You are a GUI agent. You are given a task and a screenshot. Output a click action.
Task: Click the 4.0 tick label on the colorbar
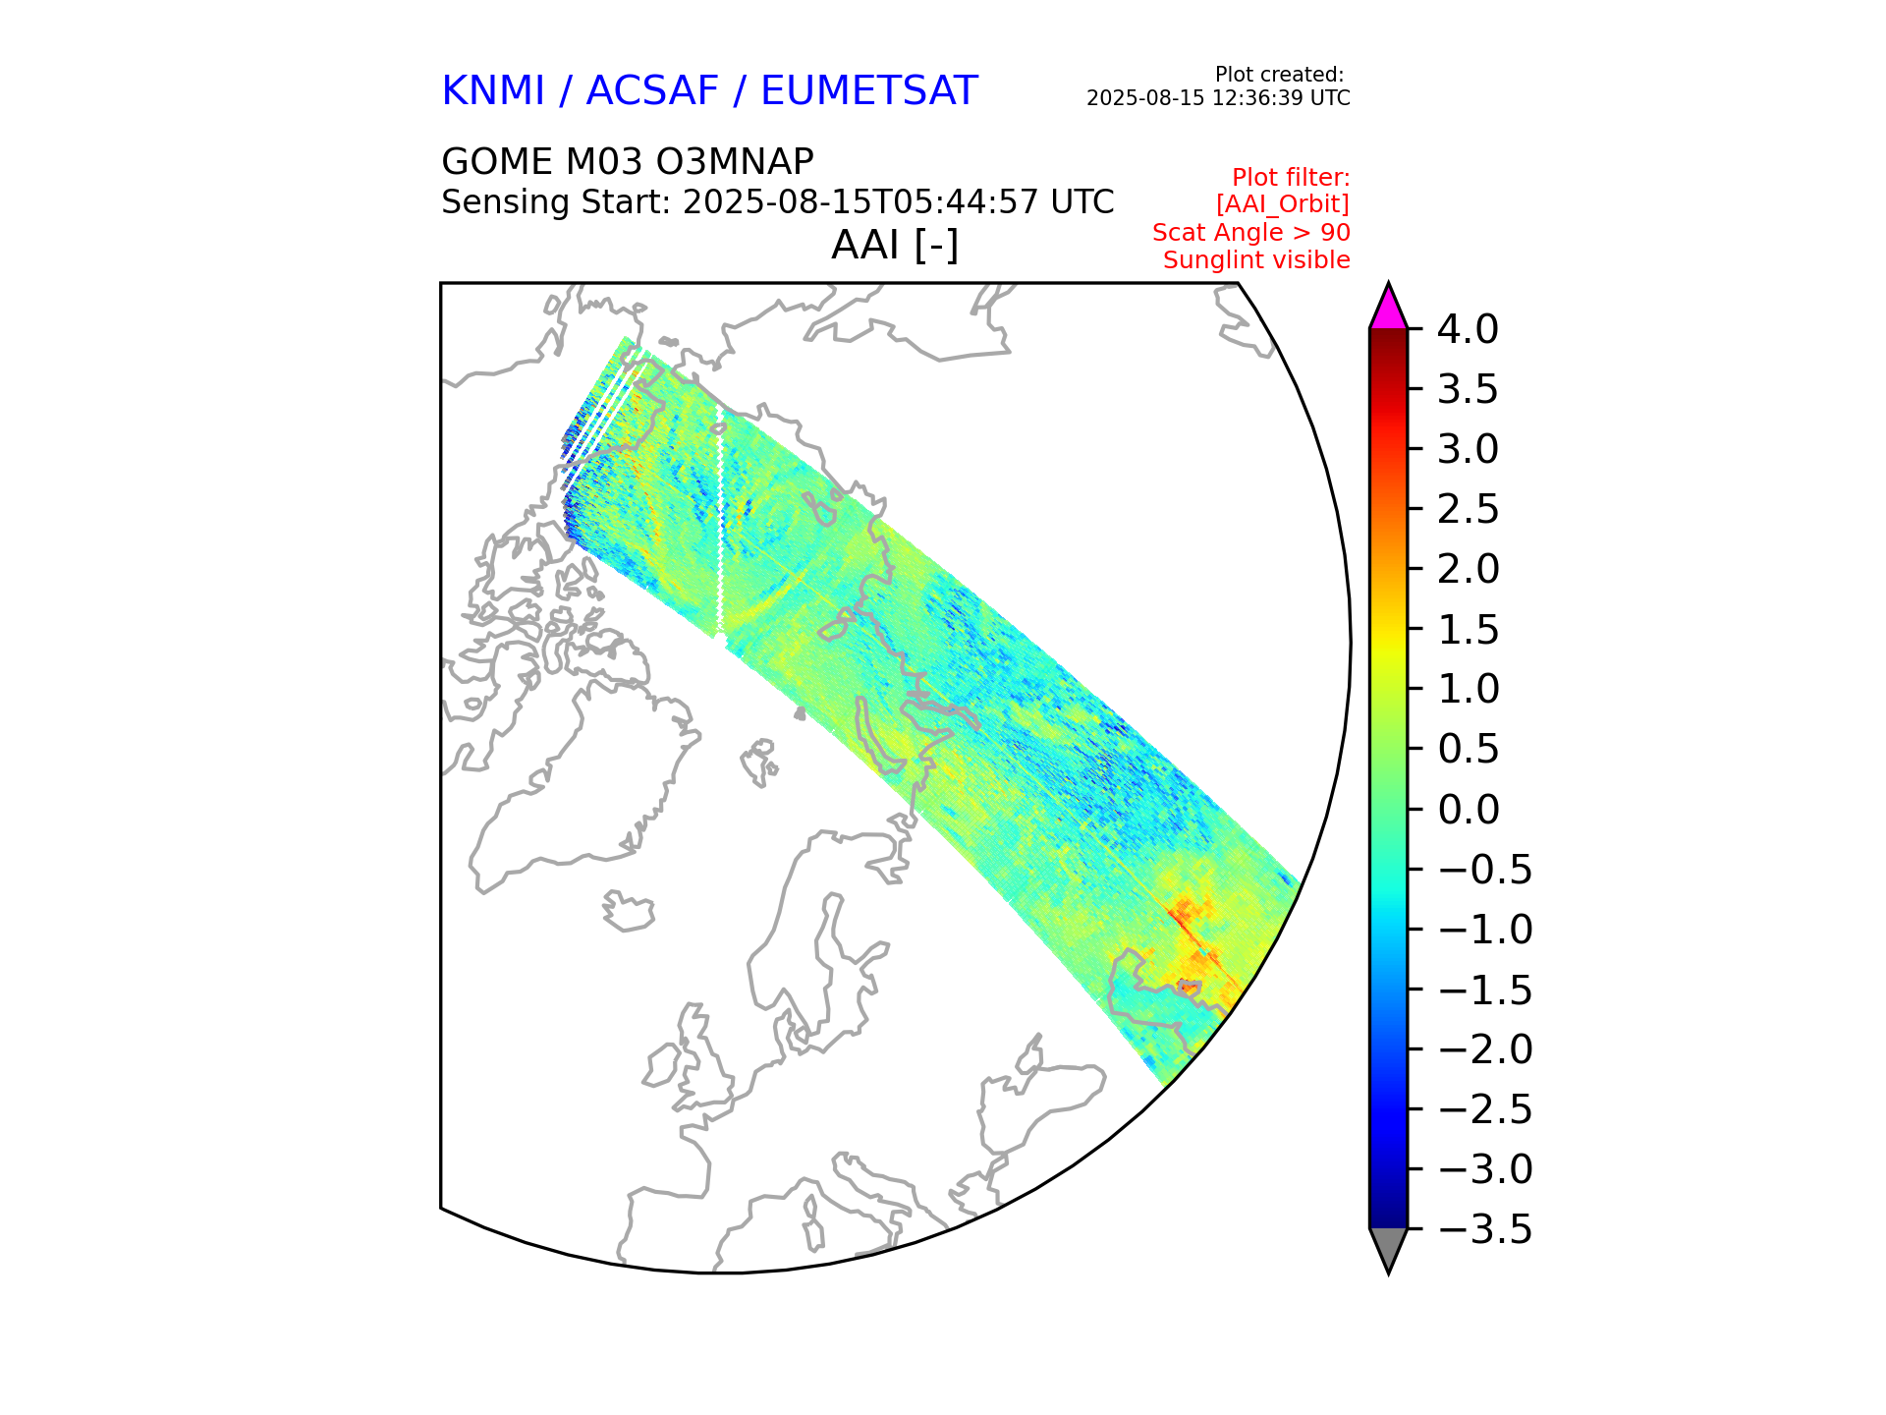tap(1468, 330)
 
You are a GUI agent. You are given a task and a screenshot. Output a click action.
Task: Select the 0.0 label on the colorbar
tap(1469, 810)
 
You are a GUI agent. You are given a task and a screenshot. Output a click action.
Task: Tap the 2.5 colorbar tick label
tap(1469, 510)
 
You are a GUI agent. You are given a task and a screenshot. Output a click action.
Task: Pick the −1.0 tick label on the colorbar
tap(1483, 930)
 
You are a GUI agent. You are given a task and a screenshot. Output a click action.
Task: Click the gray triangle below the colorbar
tap(1388, 1248)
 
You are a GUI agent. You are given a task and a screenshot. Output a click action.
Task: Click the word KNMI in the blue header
tap(493, 91)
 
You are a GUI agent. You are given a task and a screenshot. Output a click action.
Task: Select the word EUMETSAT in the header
tap(868, 91)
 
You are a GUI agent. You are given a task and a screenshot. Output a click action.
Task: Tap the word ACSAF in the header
tap(652, 91)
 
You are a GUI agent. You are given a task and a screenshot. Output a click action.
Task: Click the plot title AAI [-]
tap(894, 246)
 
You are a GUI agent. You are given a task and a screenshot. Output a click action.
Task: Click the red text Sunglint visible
tap(1256, 260)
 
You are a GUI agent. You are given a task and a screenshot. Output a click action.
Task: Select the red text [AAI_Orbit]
tap(1282, 204)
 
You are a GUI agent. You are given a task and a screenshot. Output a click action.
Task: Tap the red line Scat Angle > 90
tap(1250, 233)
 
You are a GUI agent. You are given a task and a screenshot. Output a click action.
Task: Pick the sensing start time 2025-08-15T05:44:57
tap(860, 202)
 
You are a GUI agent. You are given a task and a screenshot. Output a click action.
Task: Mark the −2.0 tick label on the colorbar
tap(1483, 1049)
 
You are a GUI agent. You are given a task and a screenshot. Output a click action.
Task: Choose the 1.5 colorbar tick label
tap(1469, 630)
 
